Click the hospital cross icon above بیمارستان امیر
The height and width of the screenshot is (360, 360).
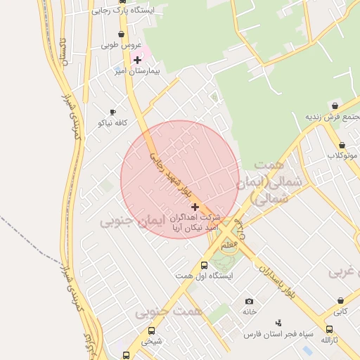coord(137,60)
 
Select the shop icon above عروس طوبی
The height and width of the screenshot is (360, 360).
coord(122,34)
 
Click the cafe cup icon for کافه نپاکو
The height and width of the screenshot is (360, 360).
coord(112,112)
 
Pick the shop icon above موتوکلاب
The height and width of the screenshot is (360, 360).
coord(342,144)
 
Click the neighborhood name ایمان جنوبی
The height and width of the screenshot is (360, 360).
coord(131,222)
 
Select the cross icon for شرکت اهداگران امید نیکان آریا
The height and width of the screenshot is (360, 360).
coord(195,207)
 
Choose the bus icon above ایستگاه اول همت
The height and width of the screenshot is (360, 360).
coord(204,265)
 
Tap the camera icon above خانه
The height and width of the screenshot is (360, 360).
coord(249,301)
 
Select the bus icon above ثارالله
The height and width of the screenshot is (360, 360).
coord(330,329)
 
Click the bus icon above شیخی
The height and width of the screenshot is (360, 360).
coord(151,330)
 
